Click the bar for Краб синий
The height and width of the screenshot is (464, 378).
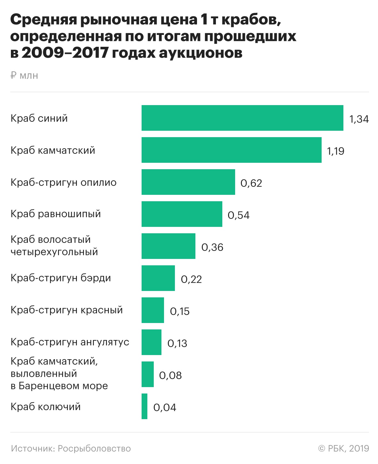(x=242, y=118)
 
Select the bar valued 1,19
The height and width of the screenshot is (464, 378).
(x=231, y=150)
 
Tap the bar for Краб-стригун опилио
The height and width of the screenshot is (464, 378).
(x=188, y=182)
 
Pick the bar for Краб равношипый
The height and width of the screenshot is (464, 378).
(x=182, y=214)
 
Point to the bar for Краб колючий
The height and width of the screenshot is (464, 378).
(x=144, y=406)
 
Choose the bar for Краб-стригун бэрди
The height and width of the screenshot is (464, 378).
(x=158, y=278)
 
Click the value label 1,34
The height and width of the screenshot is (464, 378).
(x=359, y=119)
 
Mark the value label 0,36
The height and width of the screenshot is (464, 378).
(x=212, y=247)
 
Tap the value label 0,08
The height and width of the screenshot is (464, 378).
(x=170, y=376)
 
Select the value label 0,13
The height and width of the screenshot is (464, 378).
(x=177, y=344)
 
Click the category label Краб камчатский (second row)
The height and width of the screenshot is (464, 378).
(x=53, y=150)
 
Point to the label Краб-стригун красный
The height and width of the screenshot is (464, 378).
(x=67, y=310)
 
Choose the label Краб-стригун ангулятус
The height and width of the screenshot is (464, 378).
(x=70, y=342)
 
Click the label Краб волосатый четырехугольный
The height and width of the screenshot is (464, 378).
(x=54, y=246)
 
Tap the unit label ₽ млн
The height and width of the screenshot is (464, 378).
(x=24, y=76)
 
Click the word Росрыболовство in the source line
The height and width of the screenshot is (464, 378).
(x=94, y=449)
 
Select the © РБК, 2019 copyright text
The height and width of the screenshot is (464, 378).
(x=343, y=449)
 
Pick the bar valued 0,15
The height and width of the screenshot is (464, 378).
(x=152, y=310)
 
